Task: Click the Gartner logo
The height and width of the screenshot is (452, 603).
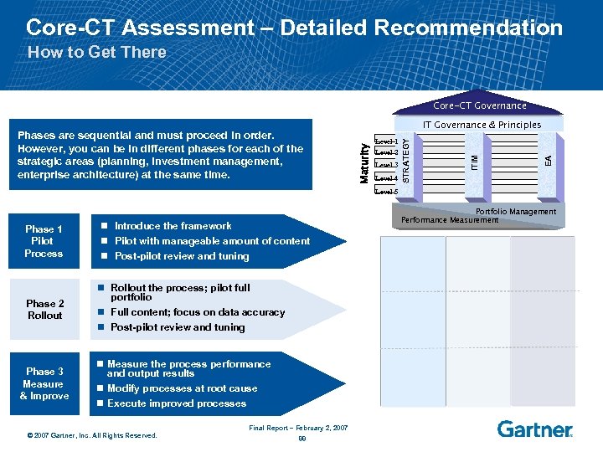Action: pyautogui.click(x=534, y=429)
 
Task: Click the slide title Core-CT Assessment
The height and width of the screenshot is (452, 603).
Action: pyautogui.click(x=294, y=28)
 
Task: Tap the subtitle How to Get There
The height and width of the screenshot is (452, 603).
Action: pyautogui.click(x=97, y=52)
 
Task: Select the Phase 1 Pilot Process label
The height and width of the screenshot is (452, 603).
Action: pyautogui.click(x=44, y=241)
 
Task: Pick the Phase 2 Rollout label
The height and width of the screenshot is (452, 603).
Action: pyautogui.click(x=44, y=310)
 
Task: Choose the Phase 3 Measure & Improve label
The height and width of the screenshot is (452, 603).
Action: pyautogui.click(x=44, y=383)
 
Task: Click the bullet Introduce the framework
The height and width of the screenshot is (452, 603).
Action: pyautogui.click(x=173, y=226)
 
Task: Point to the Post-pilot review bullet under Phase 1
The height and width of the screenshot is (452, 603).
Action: pyautogui.click(x=181, y=256)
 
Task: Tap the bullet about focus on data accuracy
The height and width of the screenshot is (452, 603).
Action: pyautogui.click(x=198, y=312)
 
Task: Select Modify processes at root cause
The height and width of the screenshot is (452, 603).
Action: pyautogui.click(x=183, y=388)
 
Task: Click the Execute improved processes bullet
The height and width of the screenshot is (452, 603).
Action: pyautogui.click(x=177, y=403)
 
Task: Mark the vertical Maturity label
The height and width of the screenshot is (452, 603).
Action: pyautogui.click(x=364, y=162)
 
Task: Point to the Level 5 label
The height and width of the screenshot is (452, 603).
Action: pyautogui.click(x=386, y=192)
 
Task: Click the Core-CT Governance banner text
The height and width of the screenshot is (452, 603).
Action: pyautogui.click(x=480, y=105)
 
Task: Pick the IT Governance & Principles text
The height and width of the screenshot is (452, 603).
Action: pyautogui.click(x=482, y=125)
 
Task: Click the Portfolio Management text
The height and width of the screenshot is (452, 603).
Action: pyautogui.click(x=515, y=212)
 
